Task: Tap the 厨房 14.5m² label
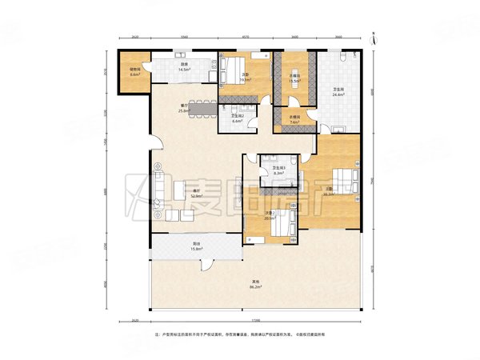click(x=184, y=69)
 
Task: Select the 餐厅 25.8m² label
click(x=185, y=108)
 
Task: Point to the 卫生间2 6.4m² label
click(x=238, y=119)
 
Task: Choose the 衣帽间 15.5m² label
click(x=295, y=79)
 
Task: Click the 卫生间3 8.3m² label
click(x=279, y=170)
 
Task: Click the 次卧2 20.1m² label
click(x=270, y=215)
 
